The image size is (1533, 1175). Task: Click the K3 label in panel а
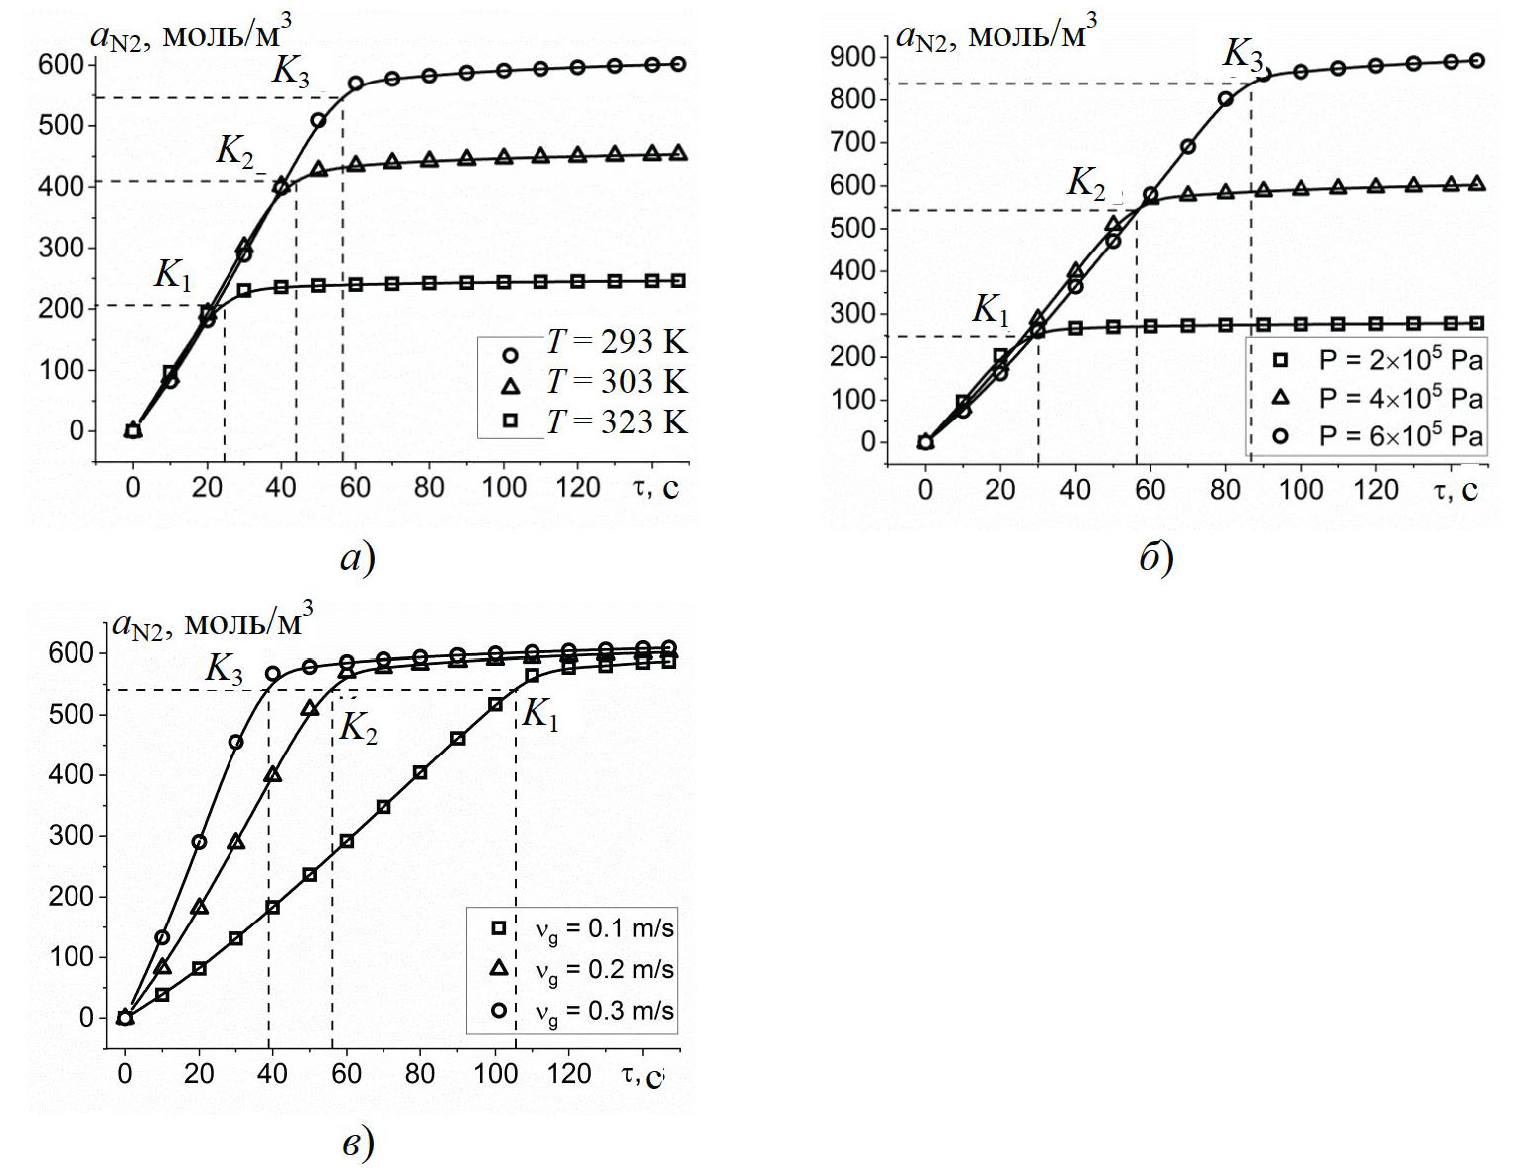[x=291, y=72]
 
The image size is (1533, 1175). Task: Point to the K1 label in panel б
[x=990, y=310]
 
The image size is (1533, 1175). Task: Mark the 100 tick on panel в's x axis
[x=494, y=1075]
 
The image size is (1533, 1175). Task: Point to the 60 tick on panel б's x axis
[x=1150, y=489]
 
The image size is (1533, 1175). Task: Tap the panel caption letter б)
[x=1155, y=559]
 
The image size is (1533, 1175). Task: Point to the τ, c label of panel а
[x=656, y=487]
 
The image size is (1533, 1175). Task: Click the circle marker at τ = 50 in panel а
[x=318, y=121]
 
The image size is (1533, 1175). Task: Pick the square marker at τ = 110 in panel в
[x=532, y=676]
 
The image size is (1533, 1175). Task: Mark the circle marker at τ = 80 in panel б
[x=1225, y=99]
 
